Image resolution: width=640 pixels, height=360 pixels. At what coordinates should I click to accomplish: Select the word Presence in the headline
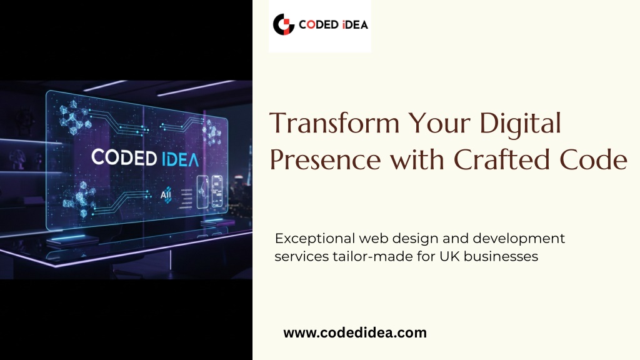(325, 159)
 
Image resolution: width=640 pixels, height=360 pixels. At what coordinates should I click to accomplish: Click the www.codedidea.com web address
(355, 332)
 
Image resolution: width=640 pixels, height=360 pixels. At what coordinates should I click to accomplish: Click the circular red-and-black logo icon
(284, 24)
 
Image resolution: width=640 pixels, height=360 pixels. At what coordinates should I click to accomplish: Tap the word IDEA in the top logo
(355, 25)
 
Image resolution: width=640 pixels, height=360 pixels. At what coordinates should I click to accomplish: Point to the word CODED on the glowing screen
(124, 157)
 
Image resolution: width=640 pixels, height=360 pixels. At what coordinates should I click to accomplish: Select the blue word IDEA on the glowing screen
(181, 159)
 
